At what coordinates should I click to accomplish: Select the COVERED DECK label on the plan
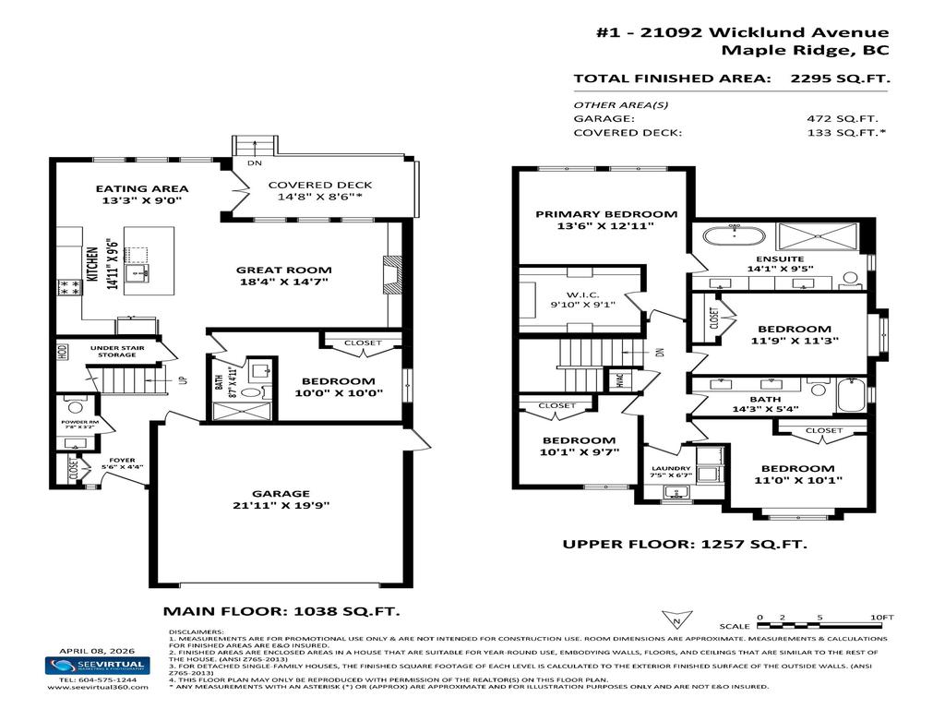[x=320, y=185]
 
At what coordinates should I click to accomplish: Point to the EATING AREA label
[x=142, y=188]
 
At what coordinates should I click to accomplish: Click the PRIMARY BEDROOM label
[x=606, y=214]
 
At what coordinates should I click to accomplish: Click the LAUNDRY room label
[x=670, y=469]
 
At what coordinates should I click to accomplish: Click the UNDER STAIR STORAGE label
[x=114, y=349]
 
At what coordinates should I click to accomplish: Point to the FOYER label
[x=122, y=460]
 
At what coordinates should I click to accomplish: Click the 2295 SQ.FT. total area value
[x=840, y=78]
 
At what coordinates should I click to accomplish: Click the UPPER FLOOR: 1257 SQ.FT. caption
[x=685, y=544]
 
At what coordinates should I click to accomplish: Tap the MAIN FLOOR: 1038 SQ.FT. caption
[x=281, y=610]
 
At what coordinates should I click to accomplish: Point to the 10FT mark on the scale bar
[x=881, y=616]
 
